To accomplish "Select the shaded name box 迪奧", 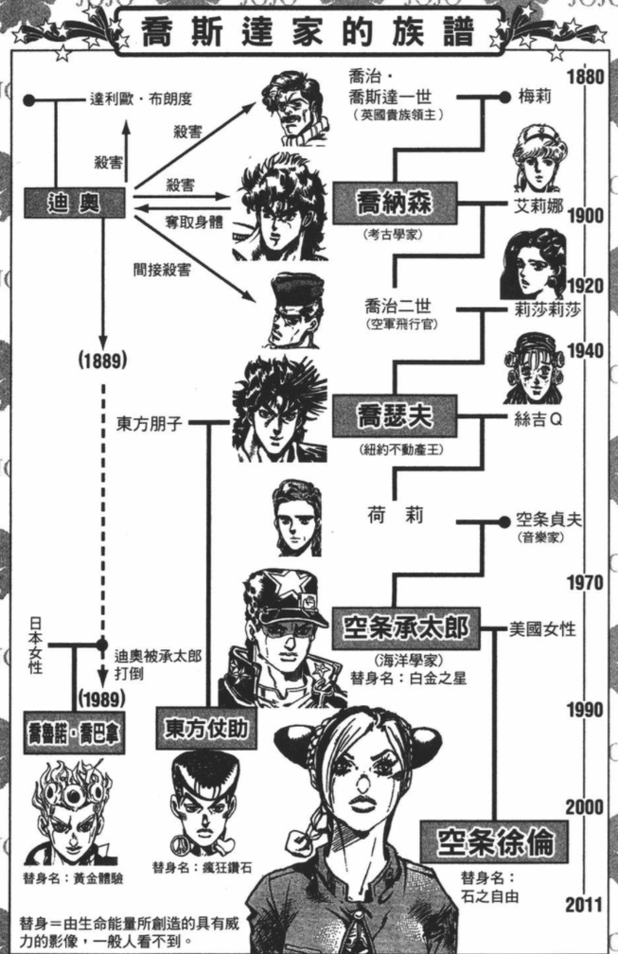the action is pos(75,203).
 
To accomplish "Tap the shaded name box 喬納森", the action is pos(394,202).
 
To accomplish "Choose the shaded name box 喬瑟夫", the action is pos(394,416).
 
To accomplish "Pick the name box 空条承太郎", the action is pos(405,628).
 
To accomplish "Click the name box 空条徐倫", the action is pos(494,842).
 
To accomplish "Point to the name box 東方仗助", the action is pos(206,728).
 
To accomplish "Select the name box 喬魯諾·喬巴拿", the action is pos(75,732).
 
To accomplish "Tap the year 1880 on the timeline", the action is pos(585,77).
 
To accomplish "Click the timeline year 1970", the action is pos(585,583).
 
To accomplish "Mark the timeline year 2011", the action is pos(585,905).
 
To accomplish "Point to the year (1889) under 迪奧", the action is pos(103,361).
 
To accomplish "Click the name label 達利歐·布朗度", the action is pos(142,99).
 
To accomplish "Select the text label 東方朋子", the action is pos(149,424).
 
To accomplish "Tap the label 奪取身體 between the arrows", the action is pos(194,223).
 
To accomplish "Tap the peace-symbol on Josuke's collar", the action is pos(205,846).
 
